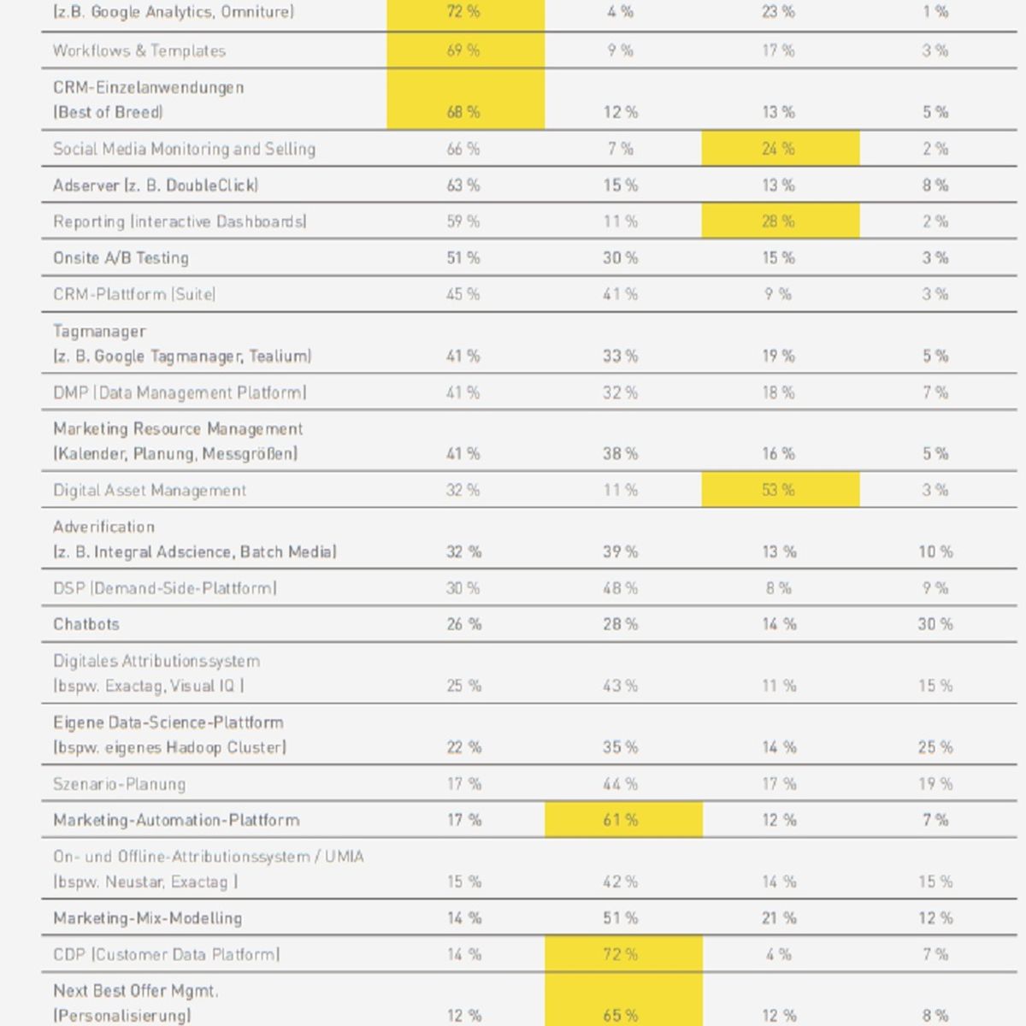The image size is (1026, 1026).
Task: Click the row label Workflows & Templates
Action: pos(139,50)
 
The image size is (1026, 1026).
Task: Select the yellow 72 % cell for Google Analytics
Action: pos(463,11)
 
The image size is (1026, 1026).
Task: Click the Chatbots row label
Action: pos(86,623)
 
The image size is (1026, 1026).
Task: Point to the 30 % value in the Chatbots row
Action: pos(935,623)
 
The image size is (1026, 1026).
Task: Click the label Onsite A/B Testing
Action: pos(121,257)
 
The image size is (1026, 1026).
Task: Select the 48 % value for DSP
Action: pos(620,587)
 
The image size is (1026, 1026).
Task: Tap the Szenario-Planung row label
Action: pos(119,784)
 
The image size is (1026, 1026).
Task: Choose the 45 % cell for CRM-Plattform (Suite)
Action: pos(463,294)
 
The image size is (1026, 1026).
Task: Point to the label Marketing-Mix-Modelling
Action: pos(147,918)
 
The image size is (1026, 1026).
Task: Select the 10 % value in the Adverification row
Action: pos(935,551)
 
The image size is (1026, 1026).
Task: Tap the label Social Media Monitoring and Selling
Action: pos(184,149)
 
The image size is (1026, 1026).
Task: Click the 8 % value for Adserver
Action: pos(935,186)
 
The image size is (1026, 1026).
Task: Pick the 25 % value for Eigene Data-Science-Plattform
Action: pos(935,747)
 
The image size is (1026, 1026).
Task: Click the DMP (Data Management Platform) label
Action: pos(180,392)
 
